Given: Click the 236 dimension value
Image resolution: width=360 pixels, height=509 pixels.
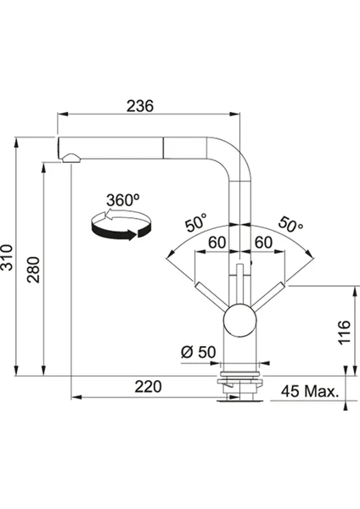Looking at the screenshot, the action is tap(140, 106).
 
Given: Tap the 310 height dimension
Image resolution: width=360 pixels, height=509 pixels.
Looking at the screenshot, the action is tap(7, 257).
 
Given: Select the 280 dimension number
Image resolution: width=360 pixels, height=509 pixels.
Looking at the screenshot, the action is tap(33, 270).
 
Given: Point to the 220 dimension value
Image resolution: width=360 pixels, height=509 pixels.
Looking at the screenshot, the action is tap(148, 387).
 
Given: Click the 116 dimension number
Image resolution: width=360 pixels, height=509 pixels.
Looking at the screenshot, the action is tap(344, 333).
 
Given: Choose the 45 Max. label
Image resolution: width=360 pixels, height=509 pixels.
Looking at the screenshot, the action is tap(310, 391).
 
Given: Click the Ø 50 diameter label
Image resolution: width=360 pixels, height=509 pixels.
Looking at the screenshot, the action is tap(198, 352).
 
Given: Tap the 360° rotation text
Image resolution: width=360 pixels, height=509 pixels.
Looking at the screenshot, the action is tap(123, 200).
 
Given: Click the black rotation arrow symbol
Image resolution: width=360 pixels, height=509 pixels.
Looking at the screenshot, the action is tap(121, 225).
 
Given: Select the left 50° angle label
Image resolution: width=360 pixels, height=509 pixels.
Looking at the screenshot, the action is tap(196, 222).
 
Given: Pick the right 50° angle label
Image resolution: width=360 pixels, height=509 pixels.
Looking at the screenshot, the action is tap(290, 223).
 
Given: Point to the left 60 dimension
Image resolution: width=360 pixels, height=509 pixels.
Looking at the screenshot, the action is tap(217, 243).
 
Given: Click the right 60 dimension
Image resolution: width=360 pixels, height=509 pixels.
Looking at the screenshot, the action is tap(263, 243).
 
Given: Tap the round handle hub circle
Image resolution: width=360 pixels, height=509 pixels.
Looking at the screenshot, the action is tap(239, 320).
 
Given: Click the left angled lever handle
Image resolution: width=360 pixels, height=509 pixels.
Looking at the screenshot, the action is tap(212, 296).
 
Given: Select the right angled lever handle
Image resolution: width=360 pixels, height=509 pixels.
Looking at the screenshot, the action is tap(267, 296).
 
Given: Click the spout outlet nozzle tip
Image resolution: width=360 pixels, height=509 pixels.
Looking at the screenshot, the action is tap(70, 158).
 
